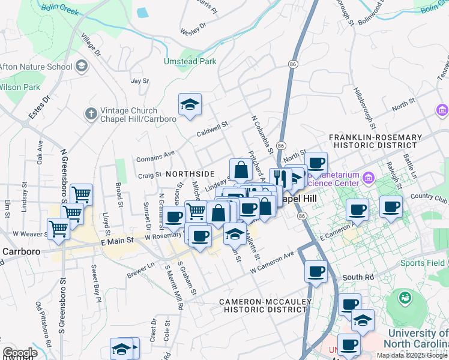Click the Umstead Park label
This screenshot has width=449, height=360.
(190, 61)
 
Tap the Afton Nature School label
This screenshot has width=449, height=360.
(35, 67)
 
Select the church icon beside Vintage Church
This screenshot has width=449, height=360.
(91, 113)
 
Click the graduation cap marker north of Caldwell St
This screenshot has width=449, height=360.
(190, 105)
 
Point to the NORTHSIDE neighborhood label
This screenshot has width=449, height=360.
(190, 173)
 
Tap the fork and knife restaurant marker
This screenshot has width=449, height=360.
(280, 178)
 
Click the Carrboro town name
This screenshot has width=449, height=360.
(20, 251)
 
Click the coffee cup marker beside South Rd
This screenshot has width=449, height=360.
(316, 271)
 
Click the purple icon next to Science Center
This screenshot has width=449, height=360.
(368, 178)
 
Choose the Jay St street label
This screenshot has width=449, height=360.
(139, 80)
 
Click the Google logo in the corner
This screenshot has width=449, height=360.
(19, 353)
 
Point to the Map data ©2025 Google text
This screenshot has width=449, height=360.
(412, 355)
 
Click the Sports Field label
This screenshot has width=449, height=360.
(423, 263)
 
